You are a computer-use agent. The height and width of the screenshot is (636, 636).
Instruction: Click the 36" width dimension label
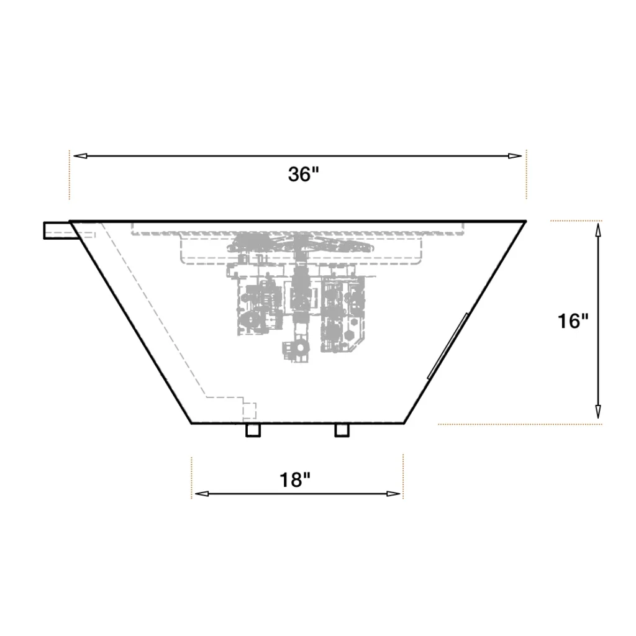303,175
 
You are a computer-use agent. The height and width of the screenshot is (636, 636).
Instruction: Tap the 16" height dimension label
572,321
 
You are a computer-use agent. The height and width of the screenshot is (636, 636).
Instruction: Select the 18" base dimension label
295,480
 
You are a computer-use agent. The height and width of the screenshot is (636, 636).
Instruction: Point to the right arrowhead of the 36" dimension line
515,156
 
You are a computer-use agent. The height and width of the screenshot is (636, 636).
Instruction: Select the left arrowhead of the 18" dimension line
202,494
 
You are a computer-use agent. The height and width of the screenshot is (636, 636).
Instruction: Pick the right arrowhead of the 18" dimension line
393,494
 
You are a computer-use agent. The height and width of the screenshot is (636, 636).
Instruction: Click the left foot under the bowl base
253,430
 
